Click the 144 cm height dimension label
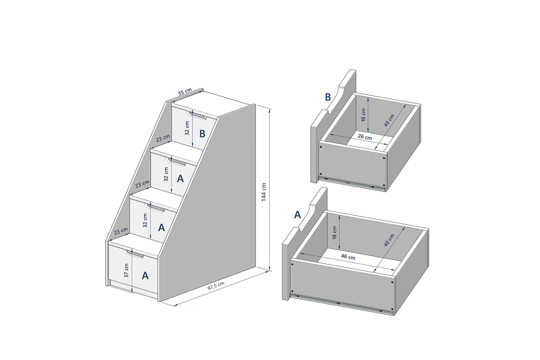point(264,192)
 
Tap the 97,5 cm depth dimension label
point(216,286)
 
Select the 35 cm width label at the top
point(185,92)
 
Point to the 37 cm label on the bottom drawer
point(126,270)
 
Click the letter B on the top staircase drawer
point(202,134)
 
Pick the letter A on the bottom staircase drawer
point(145,275)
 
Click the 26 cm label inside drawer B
point(365,137)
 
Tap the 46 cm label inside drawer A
point(348,256)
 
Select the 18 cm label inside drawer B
point(364,115)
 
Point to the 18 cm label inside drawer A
point(335,233)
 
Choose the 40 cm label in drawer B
point(389,120)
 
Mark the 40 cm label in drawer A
point(389,240)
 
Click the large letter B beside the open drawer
point(328,97)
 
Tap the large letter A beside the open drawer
point(297,215)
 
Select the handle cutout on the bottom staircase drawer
point(134,254)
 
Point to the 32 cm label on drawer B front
point(187,128)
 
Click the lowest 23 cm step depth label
point(121,231)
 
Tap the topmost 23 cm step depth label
point(163,138)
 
